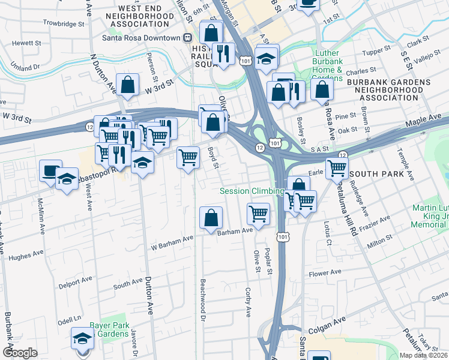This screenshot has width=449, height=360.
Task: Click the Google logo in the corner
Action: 20,352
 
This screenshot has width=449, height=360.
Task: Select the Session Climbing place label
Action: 252,191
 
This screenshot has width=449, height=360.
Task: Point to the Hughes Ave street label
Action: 24,257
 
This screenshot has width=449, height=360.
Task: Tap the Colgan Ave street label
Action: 327,329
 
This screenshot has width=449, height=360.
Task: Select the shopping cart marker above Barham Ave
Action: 258,214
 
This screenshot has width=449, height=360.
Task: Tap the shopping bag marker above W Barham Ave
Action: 211,218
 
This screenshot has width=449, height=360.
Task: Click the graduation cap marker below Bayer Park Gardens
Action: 82,339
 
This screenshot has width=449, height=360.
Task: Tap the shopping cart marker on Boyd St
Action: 188,158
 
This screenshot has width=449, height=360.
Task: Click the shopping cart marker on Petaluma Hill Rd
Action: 337,168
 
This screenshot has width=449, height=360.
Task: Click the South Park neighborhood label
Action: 373,174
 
